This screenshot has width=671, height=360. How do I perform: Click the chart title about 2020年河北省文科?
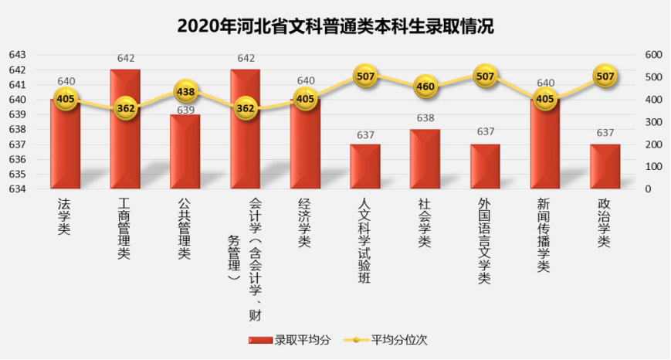coord(335,25)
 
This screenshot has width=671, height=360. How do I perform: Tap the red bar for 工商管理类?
coord(125,131)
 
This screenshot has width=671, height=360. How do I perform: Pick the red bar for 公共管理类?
coord(185,155)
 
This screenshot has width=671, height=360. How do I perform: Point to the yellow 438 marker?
coord(185,91)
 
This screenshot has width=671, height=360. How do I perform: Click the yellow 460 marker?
coord(425,87)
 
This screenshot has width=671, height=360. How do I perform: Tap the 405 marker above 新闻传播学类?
coord(545,99)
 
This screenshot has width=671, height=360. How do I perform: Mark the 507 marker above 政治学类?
coord(605,76)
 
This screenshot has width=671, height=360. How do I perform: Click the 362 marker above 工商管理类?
coord(126,108)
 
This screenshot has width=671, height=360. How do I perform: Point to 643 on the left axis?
coord(17,55)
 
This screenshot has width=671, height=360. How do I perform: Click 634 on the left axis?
coord(17,189)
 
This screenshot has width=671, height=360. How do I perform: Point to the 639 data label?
coord(185,110)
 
